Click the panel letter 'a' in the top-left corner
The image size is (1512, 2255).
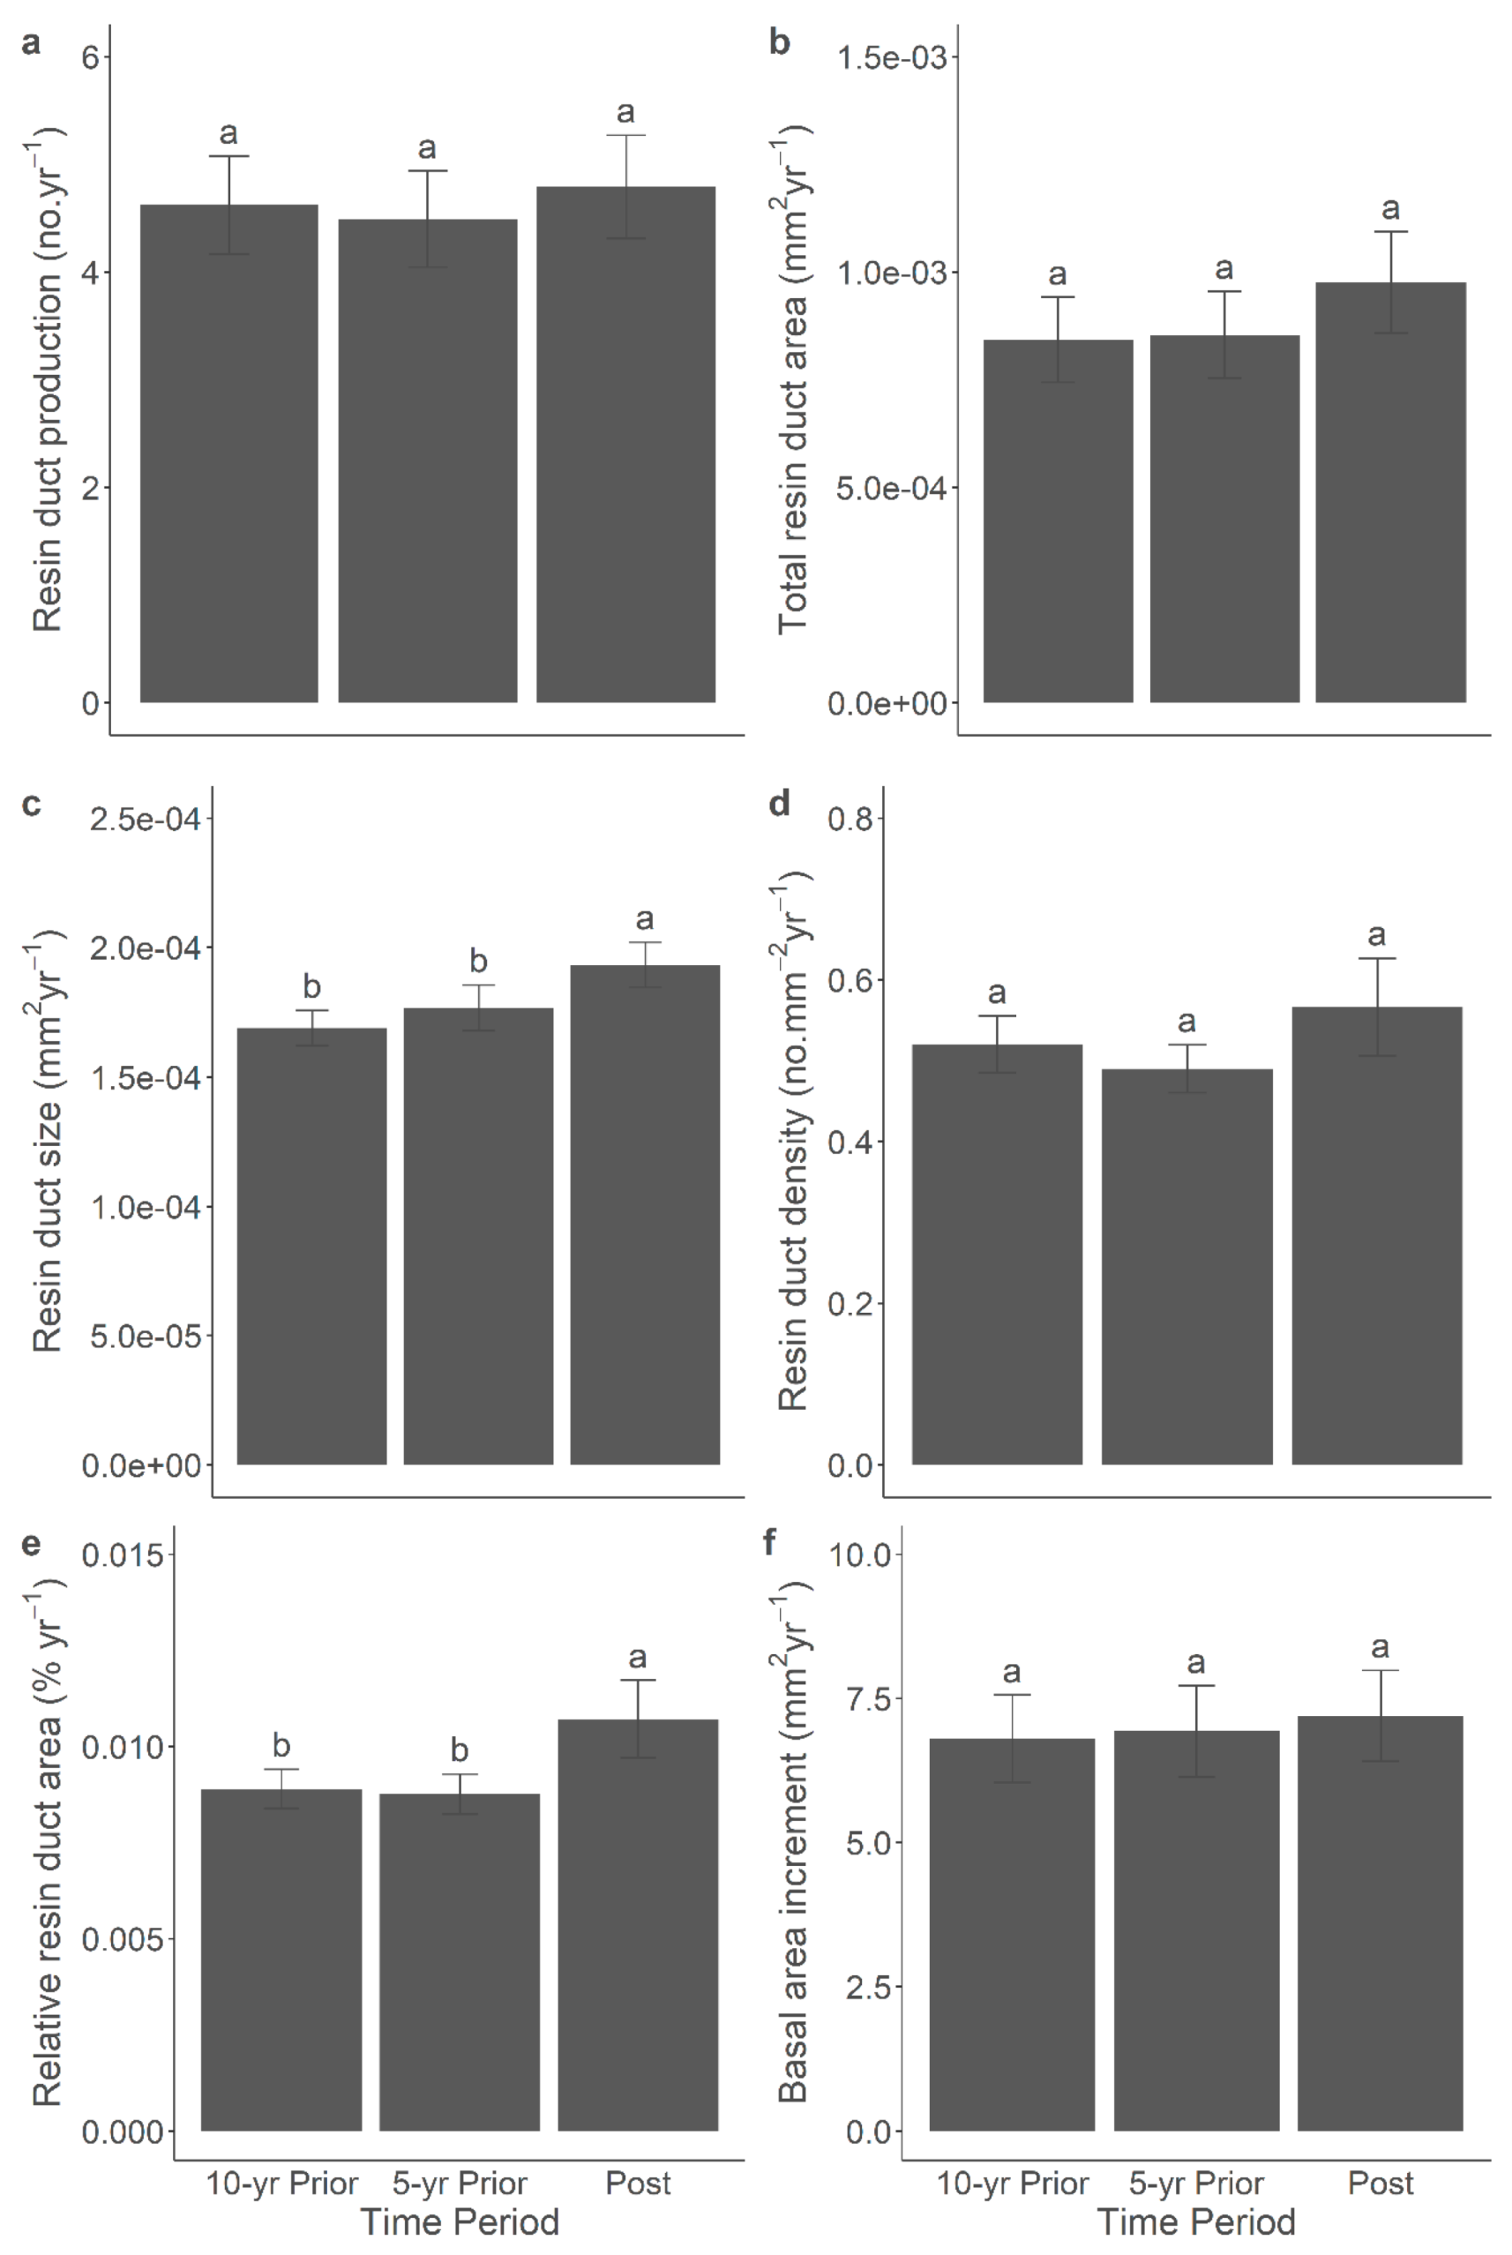(x=31, y=43)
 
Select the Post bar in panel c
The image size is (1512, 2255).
(x=644, y=1214)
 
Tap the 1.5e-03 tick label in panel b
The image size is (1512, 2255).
(x=891, y=58)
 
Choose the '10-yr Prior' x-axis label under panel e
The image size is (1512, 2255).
(x=281, y=2183)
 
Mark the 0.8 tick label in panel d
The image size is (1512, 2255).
(x=850, y=819)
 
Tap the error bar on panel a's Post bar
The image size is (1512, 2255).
(x=625, y=186)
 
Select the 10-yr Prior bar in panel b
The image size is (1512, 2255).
(x=1058, y=521)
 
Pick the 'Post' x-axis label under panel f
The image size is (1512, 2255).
(x=1380, y=2183)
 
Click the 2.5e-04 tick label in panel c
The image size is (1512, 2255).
(x=145, y=820)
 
